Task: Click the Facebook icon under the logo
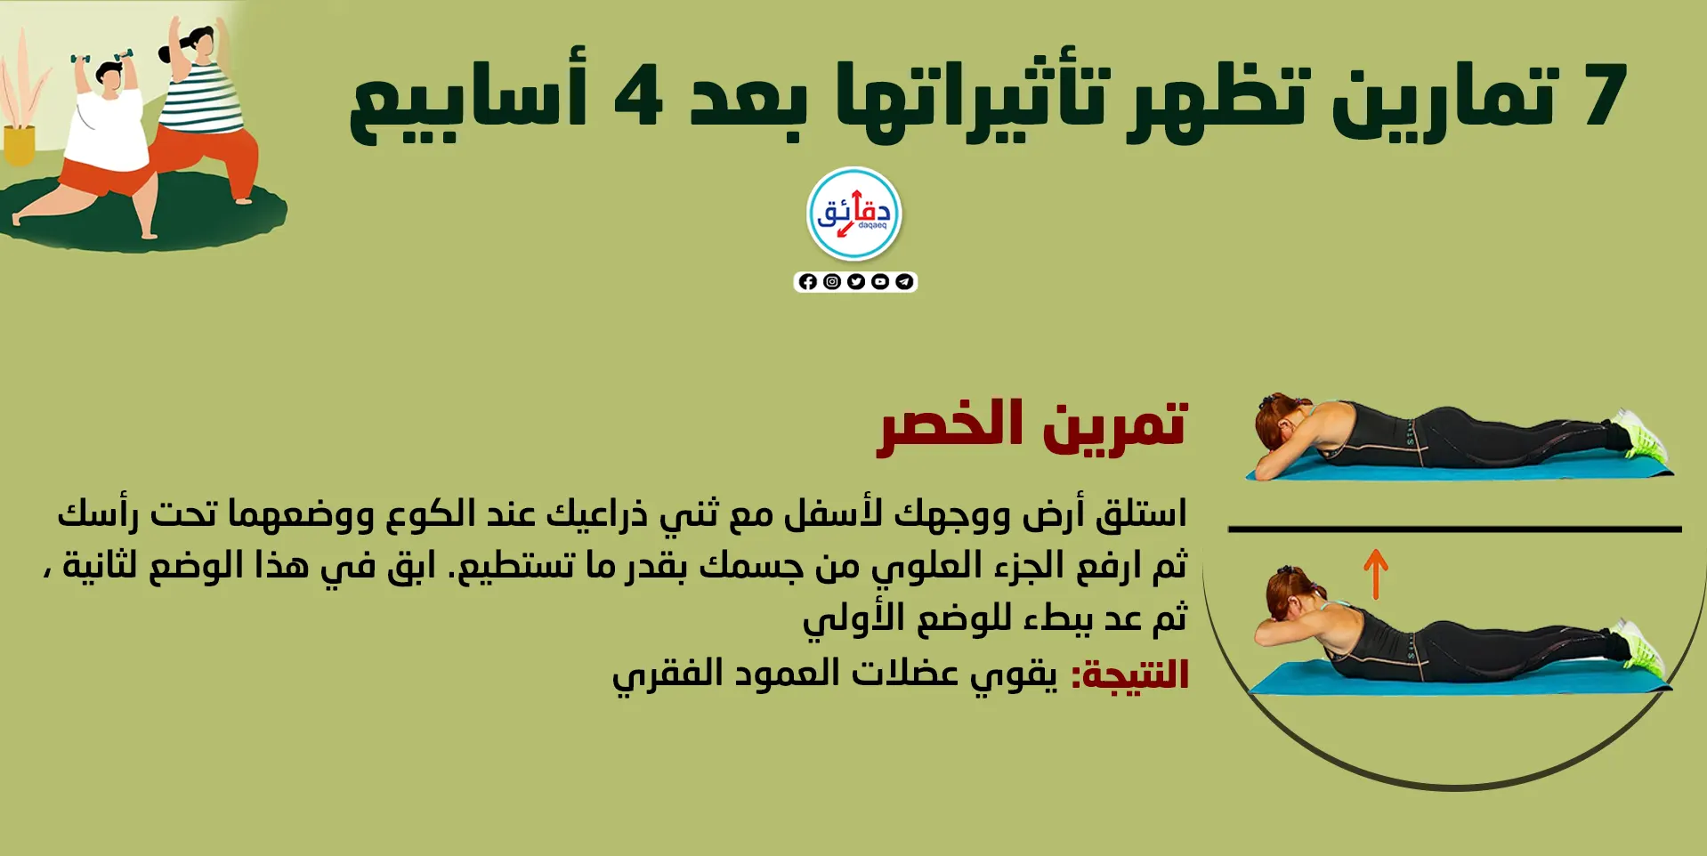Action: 808,282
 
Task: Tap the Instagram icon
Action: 832,282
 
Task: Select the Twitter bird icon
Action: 856,282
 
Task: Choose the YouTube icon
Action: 880,282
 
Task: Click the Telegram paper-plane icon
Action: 904,282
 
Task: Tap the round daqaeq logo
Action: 854,214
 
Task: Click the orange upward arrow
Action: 1376,574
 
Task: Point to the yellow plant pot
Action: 19,145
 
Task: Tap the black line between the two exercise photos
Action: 1454,529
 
